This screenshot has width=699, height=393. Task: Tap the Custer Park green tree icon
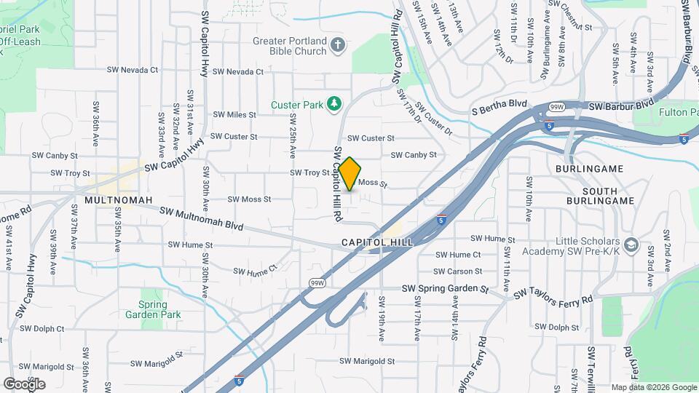[334, 104]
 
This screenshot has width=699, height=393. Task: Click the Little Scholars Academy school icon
[631, 245]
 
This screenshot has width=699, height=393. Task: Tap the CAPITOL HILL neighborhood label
[376, 242]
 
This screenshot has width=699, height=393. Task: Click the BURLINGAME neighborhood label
[589, 169]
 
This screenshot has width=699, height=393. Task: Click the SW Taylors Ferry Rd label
[553, 296]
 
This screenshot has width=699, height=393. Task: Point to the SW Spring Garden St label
[444, 289]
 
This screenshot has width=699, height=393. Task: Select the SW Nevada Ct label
[133, 70]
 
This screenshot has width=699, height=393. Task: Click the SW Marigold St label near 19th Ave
[366, 361]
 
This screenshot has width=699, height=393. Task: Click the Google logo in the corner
[24, 384]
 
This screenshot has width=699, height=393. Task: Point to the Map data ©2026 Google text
[654, 387]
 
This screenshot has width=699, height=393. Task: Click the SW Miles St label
[234, 115]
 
